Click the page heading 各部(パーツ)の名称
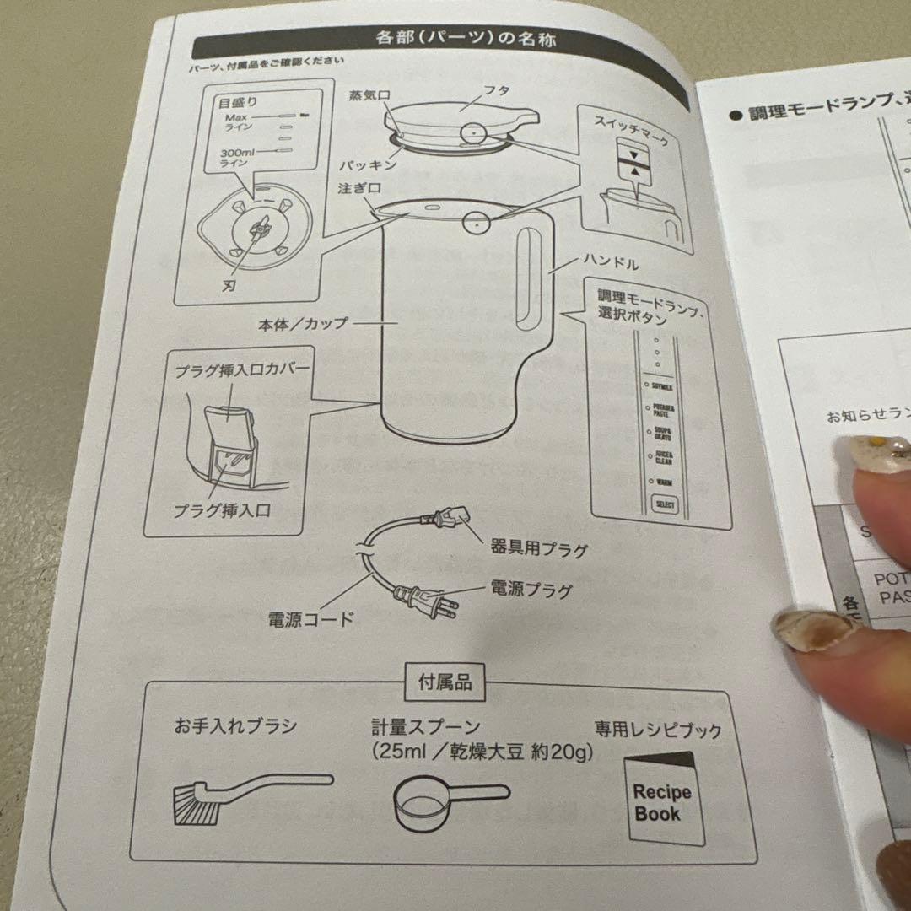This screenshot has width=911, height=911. tap(465, 39)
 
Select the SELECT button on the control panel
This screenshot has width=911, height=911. tap(664, 505)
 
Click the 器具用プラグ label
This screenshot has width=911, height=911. tap(538, 550)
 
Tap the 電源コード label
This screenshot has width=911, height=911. tap(310, 618)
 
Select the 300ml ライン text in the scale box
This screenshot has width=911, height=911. tap(236, 157)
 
